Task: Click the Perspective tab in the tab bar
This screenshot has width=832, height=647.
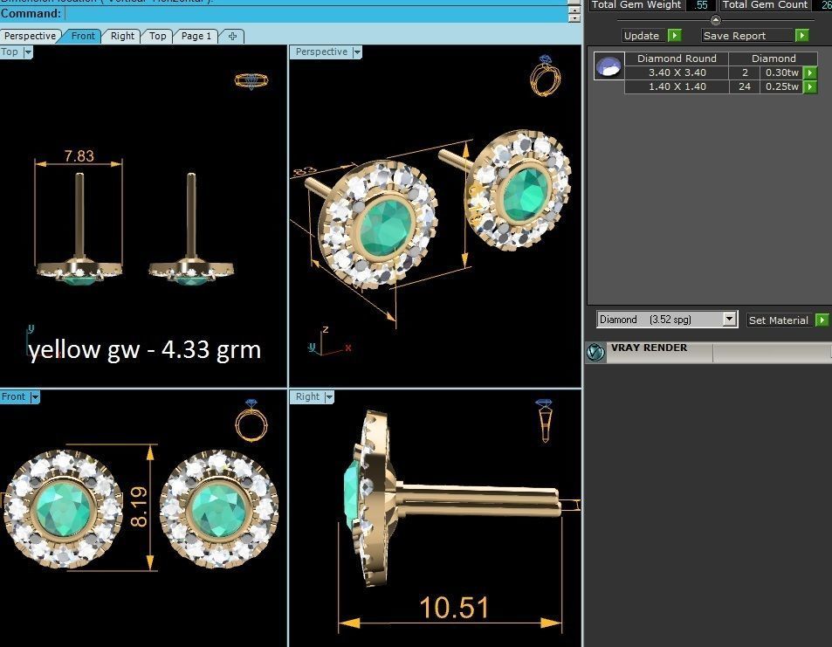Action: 30,36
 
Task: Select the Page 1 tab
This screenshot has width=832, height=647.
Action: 196,36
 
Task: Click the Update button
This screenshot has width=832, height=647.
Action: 642,36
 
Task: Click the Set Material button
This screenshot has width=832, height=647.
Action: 778,320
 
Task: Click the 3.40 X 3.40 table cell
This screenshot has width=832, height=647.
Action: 677,72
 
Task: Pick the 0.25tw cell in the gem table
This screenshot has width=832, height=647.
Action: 781,86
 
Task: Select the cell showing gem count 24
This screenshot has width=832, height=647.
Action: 745,86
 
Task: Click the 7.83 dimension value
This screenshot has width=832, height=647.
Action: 79,156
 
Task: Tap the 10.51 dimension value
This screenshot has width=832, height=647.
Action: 454,608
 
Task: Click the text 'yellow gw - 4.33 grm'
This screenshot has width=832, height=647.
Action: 144,350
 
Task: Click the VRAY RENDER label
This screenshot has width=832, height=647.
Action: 648,348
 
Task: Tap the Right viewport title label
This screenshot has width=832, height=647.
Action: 307,396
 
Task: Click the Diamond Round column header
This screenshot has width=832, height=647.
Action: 677,59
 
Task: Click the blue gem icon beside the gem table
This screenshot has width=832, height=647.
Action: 609,66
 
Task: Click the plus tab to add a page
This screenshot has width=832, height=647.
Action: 232,36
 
